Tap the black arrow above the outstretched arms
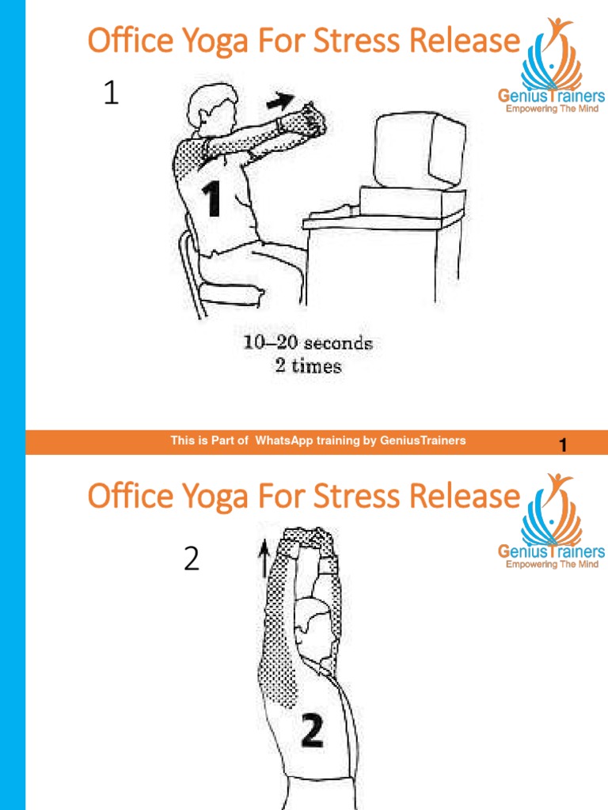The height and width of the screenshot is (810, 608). (280, 100)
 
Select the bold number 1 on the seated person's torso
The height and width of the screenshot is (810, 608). (211, 199)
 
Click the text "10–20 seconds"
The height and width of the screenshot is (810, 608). (308, 343)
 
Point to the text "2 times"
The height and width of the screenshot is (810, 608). (309, 365)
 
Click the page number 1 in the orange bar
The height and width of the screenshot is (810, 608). (563, 445)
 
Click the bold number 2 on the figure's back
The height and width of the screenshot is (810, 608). (312, 731)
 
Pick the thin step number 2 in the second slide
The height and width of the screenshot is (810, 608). (192, 558)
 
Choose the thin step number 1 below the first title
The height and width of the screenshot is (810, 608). (111, 93)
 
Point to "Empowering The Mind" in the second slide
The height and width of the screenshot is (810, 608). (552, 563)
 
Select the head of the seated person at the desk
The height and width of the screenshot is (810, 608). (209, 108)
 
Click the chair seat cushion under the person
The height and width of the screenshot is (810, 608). (231, 294)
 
